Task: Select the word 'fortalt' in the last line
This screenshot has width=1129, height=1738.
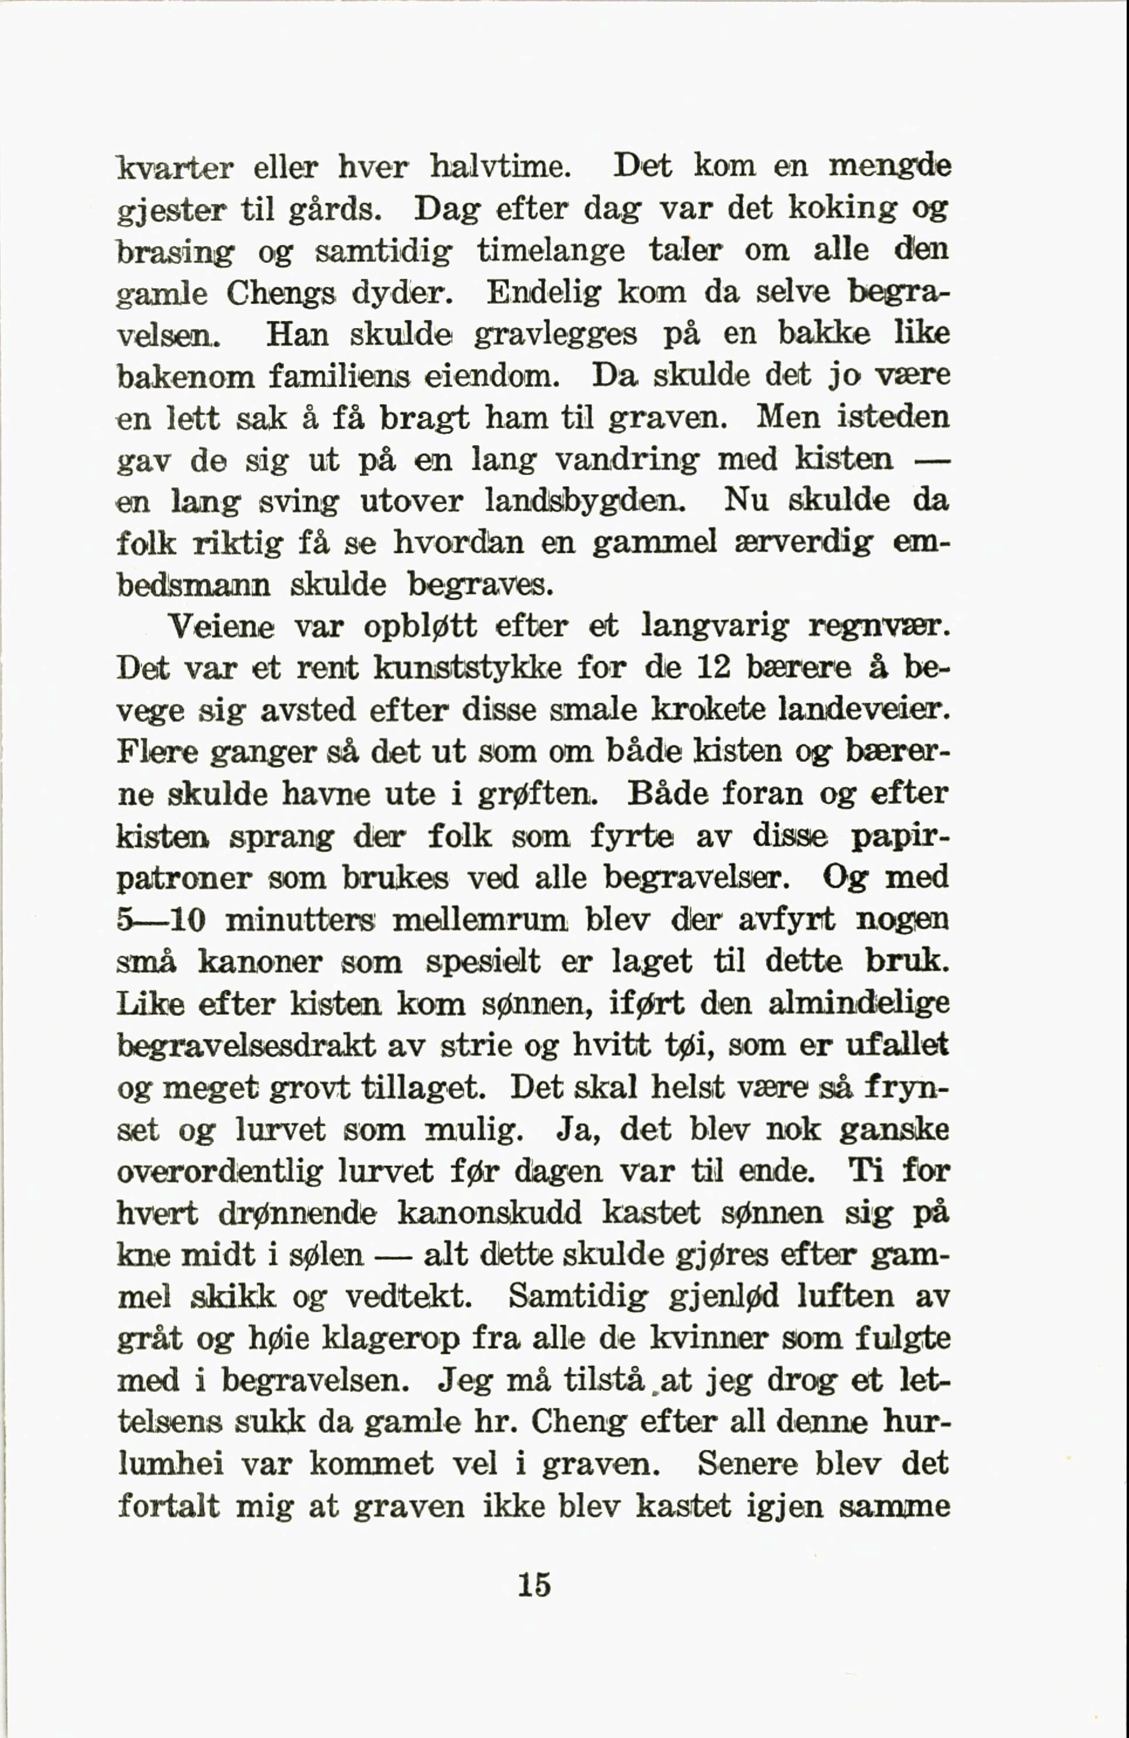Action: click(169, 1507)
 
